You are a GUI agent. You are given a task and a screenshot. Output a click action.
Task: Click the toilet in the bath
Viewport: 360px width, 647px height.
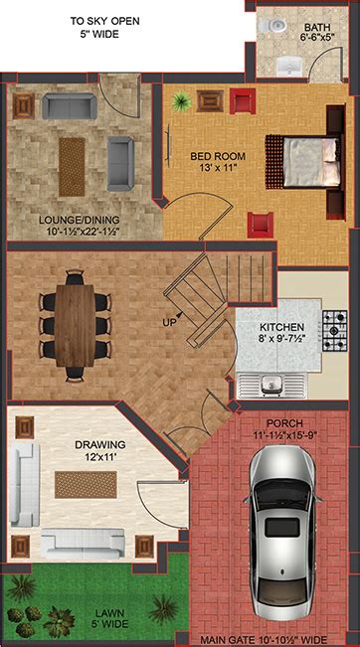[272, 26]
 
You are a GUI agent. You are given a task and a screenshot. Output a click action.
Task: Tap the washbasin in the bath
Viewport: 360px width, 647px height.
[289, 66]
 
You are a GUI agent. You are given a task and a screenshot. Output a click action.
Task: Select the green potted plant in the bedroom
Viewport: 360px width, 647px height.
[181, 101]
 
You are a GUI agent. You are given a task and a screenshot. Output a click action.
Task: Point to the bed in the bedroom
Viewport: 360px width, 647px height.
[305, 161]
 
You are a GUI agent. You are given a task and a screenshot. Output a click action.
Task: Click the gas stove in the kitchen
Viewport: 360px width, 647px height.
[335, 331]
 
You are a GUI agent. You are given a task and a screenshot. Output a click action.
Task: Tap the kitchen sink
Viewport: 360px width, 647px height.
[271, 386]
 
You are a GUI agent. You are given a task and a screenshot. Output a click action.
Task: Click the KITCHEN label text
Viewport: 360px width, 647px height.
[282, 327]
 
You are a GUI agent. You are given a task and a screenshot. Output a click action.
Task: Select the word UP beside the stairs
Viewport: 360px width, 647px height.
[169, 321]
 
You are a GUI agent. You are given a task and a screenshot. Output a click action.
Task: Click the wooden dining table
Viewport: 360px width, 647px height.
[76, 326]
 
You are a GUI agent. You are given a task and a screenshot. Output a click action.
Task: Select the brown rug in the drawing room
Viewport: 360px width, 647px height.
[86, 485]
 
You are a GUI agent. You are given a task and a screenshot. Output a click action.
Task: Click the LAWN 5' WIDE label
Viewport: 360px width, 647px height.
[107, 618]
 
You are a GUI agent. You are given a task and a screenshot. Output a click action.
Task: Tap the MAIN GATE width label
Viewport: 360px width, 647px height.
[264, 640]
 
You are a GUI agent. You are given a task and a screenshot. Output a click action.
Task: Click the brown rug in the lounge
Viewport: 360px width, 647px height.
[72, 167]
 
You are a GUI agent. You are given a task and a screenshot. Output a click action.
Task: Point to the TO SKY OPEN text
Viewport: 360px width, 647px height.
[104, 21]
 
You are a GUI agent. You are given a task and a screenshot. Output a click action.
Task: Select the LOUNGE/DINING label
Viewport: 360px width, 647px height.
[80, 226]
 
